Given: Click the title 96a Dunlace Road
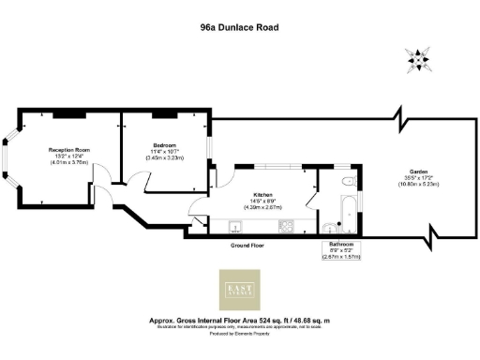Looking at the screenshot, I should pyautogui.click(x=239, y=27).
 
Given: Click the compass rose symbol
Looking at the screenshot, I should pyautogui.click(x=416, y=61).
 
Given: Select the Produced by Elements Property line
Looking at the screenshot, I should pyautogui.click(x=239, y=333).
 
